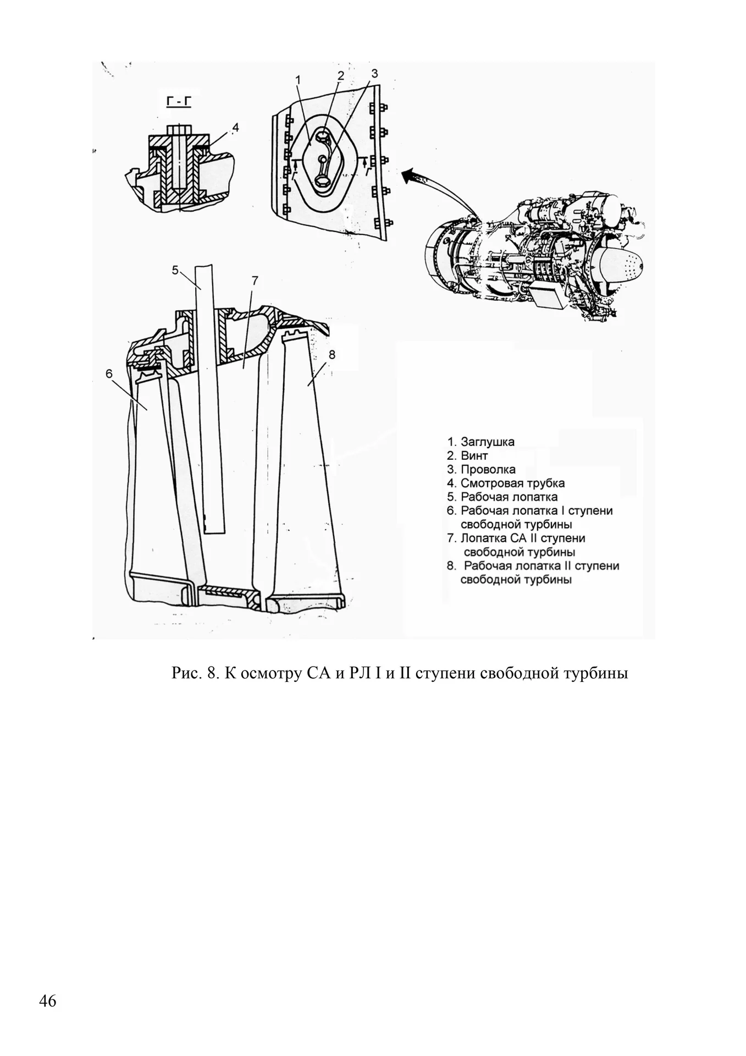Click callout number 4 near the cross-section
tap(235, 128)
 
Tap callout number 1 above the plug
tap(297, 80)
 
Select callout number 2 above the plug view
tap(340, 75)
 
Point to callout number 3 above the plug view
tap(374, 73)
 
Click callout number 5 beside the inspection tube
tap(175, 270)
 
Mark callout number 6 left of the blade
tap(109, 374)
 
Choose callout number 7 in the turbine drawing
tap(255, 280)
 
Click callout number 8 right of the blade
tap(331, 355)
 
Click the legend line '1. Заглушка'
tap(480, 442)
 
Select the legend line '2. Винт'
tap(467, 455)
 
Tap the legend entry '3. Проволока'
tap(481, 469)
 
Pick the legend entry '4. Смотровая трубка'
tap(505, 483)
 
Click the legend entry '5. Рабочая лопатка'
tap(502, 497)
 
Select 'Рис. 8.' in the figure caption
tap(196, 673)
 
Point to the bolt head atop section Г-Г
tap(180, 130)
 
